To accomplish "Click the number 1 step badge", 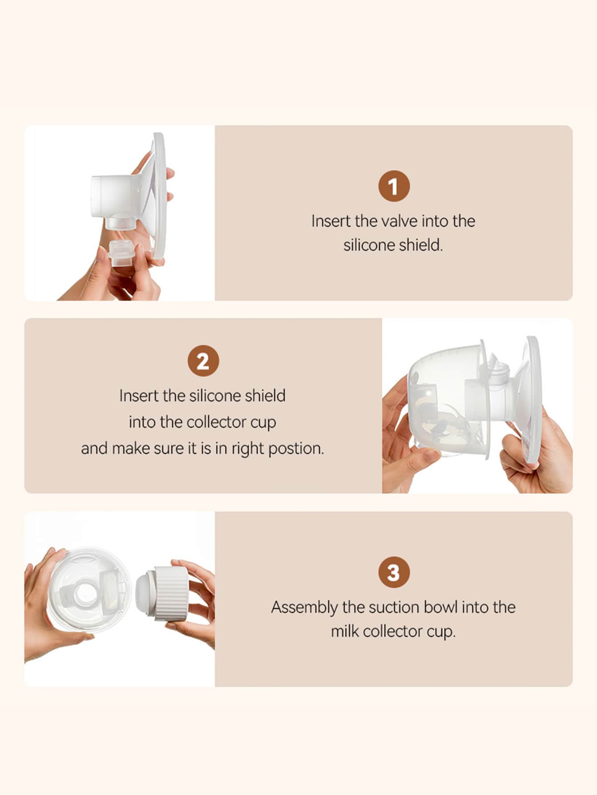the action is tap(394, 186).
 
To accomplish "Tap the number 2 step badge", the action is tap(203, 361).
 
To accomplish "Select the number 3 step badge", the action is tap(394, 572).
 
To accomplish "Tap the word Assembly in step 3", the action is tap(305, 608).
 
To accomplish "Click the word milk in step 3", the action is tap(344, 632).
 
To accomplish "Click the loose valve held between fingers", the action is tap(122, 253).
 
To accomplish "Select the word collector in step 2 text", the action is tap(216, 422).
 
